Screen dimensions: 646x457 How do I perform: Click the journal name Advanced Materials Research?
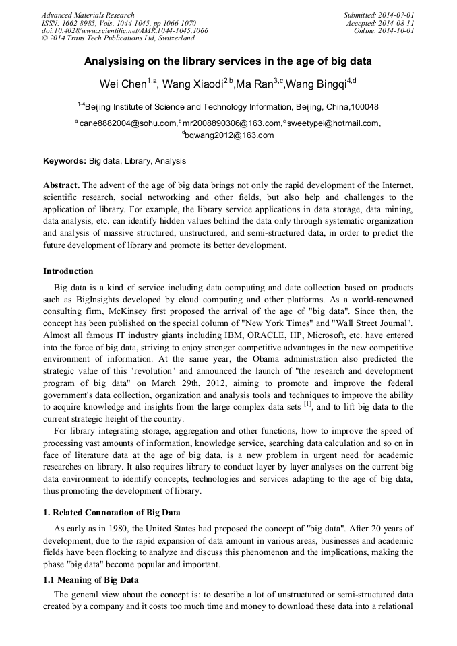(x=88, y=15)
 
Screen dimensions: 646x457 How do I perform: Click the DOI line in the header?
(x=125, y=31)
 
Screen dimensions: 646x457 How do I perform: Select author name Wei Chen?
(x=123, y=84)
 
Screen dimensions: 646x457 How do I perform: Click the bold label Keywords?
(x=65, y=162)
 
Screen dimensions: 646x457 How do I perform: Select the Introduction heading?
(x=68, y=271)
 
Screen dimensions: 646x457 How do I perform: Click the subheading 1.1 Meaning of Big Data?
(x=91, y=580)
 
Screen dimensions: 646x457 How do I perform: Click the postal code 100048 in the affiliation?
(x=364, y=107)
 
